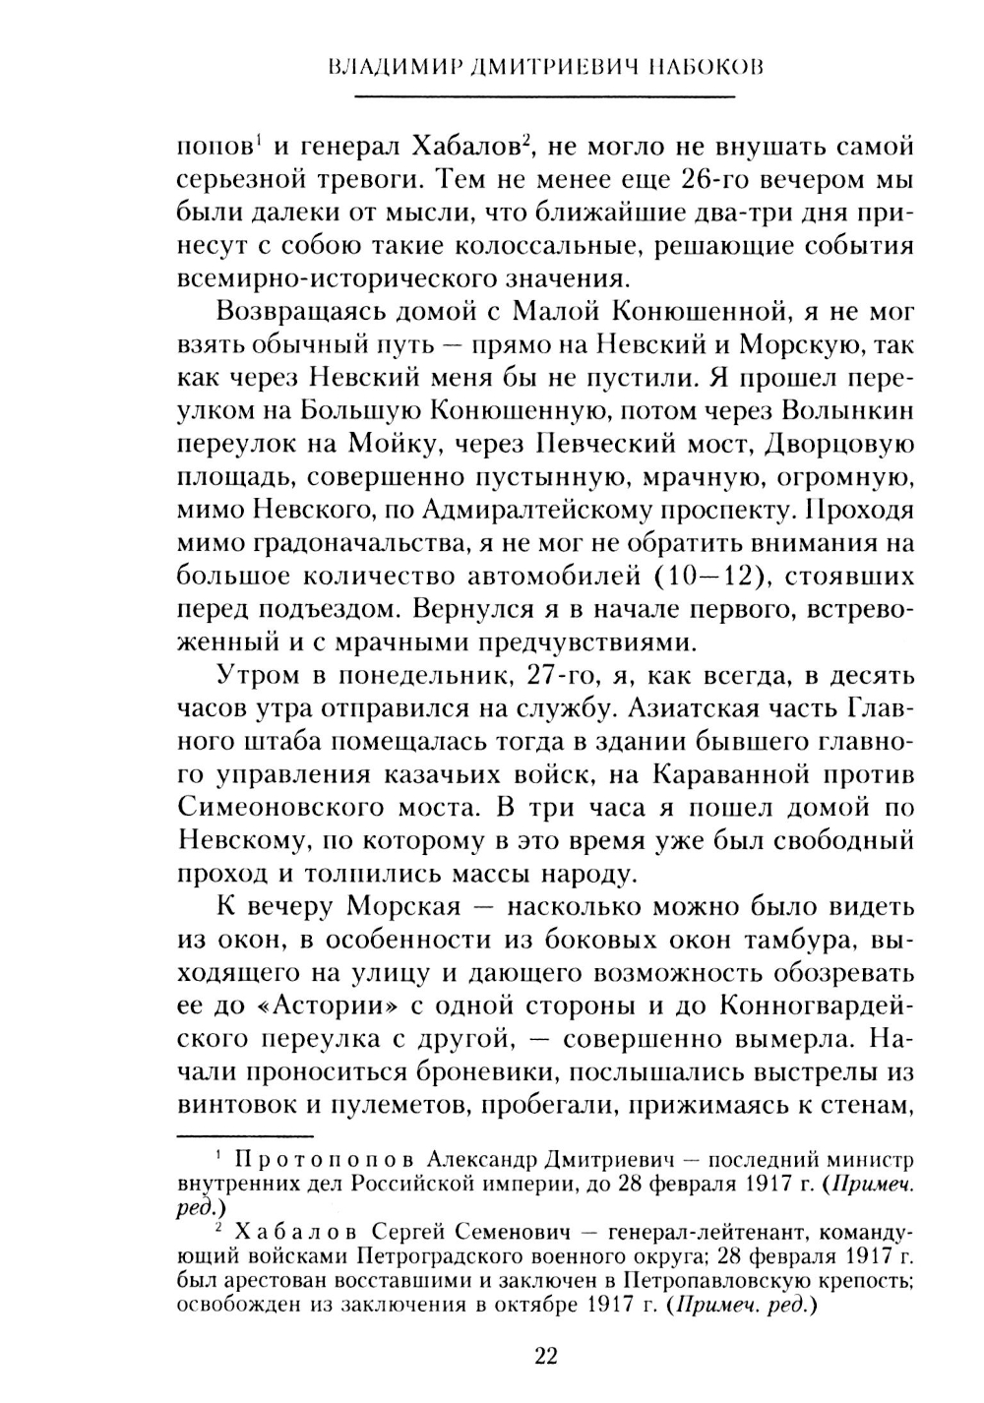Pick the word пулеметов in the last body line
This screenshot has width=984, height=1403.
pyautogui.click(x=387, y=1107)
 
